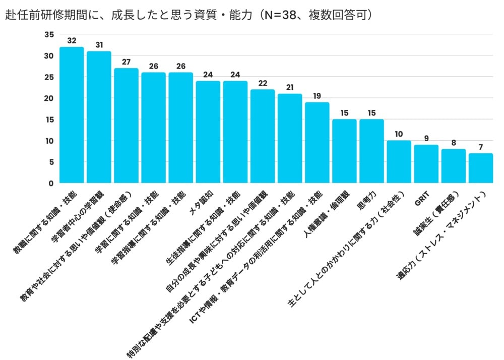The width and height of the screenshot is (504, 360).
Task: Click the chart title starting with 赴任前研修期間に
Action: [189, 15]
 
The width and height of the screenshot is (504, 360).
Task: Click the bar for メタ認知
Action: [208, 132]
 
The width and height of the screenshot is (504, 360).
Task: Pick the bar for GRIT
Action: [426, 164]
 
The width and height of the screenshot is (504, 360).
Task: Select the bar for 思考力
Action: [371, 151]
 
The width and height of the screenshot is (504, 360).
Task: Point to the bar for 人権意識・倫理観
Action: [344, 151]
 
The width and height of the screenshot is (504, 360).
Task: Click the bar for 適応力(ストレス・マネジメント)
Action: [480, 168]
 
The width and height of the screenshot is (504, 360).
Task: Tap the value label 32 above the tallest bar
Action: [72, 40]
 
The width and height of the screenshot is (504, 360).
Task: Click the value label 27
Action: [126, 62]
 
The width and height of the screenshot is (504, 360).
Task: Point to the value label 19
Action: [317, 96]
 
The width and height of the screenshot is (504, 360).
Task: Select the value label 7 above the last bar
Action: [480, 147]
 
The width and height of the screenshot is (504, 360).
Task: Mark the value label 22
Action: [262, 83]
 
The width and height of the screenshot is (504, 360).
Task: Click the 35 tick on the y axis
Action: [48, 34]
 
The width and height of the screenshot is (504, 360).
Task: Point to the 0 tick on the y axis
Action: [50, 184]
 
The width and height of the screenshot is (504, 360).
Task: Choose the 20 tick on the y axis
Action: [48, 98]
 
